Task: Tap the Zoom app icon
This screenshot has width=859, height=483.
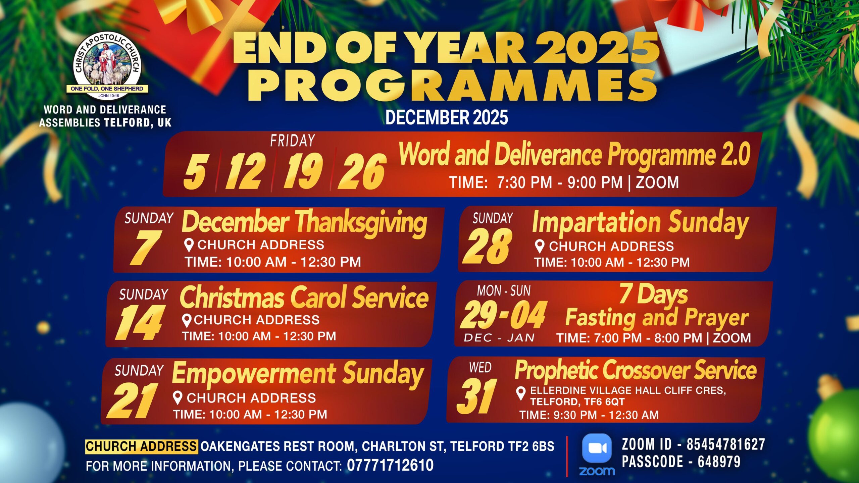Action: pyautogui.click(x=597, y=448)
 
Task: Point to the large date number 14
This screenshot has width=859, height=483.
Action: pyautogui.click(x=140, y=323)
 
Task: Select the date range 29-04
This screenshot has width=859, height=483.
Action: pyautogui.click(x=503, y=315)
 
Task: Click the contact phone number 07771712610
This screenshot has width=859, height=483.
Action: pyautogui.click(x=390, y=465)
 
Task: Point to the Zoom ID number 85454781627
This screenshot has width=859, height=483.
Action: pyautogui.click(x=726, y=444)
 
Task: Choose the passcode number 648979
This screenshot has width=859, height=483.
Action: pyautogui.click(x=719, y=462)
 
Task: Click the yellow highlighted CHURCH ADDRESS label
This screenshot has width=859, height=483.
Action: pyautogui.click(x=141, y=446)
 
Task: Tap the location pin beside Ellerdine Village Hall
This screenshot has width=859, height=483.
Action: pyautogui.click(x=521, y=393)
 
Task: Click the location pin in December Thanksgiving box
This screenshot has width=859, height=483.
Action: pyautogui.click(x=189, y=245)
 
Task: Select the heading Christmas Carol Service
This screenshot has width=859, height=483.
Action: pyautogui.click(x=304, y=297)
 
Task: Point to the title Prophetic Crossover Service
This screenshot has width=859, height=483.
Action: pyautogui.click(x=636, y=370)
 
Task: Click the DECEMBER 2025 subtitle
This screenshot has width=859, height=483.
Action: pyautogui.click(x=447, y=117)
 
